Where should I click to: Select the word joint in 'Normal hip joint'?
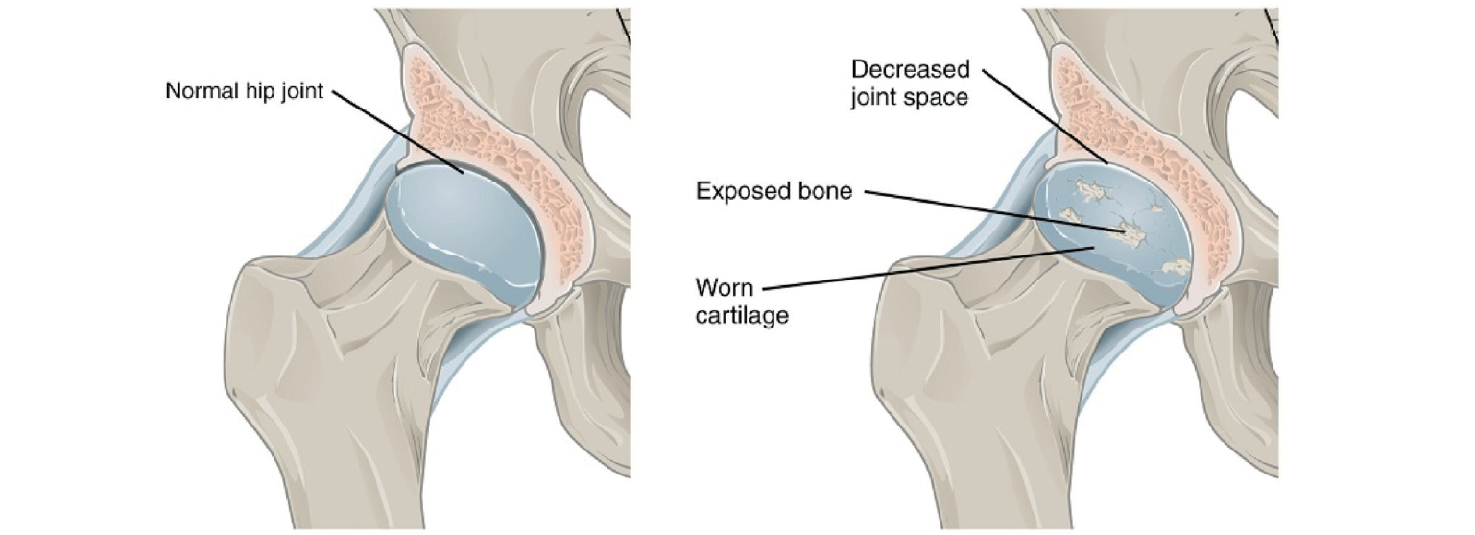[x=296, y=92]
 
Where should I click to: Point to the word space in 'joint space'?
[x=941, y=97]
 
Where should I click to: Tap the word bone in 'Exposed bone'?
[x=825, y=191]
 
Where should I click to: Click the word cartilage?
[x=741, y=314]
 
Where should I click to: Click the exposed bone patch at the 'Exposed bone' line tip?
[x=1130, y=231]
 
